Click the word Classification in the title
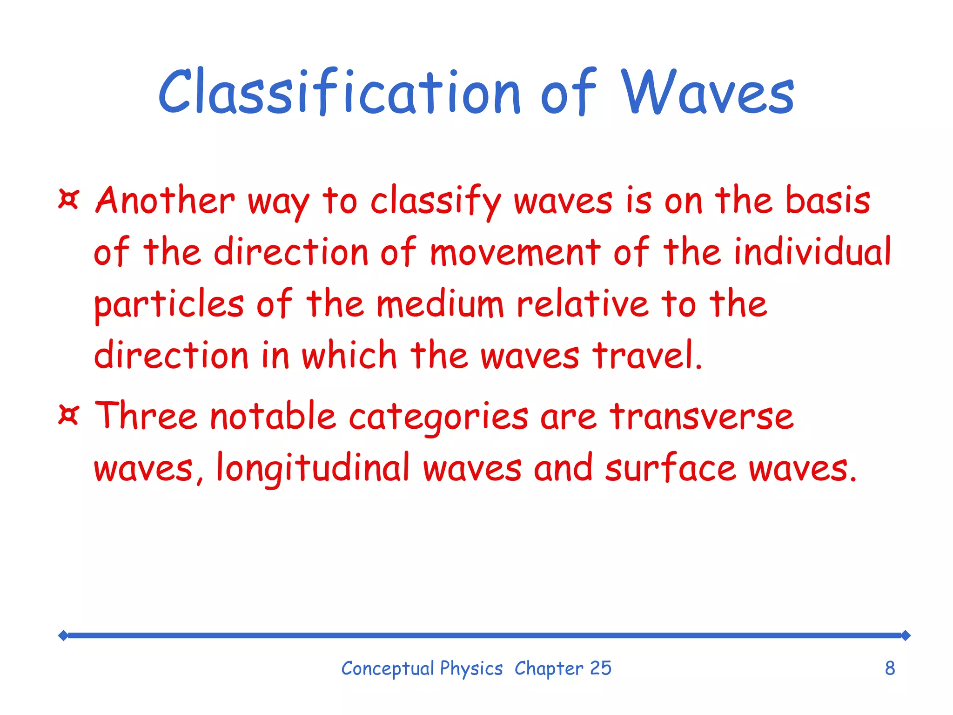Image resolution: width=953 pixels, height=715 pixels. tap(339, 92)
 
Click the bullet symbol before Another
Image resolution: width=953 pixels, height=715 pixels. tap(69, 199)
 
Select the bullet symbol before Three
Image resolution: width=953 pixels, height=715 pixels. tap(69, 414)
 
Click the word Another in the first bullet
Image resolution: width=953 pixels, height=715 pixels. tap(165, 200)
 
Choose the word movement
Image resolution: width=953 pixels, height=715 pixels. tap(515, 252)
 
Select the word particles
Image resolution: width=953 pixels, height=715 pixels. tap(169, 305)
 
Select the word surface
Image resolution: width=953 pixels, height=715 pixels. tap(671, 468)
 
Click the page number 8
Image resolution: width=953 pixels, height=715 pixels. tap(890, 668)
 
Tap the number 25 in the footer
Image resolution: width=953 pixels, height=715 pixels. tap(600, 668)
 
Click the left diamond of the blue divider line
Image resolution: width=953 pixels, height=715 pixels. tap(63, 635)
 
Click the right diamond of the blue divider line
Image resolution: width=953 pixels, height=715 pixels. tap(905, 635)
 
